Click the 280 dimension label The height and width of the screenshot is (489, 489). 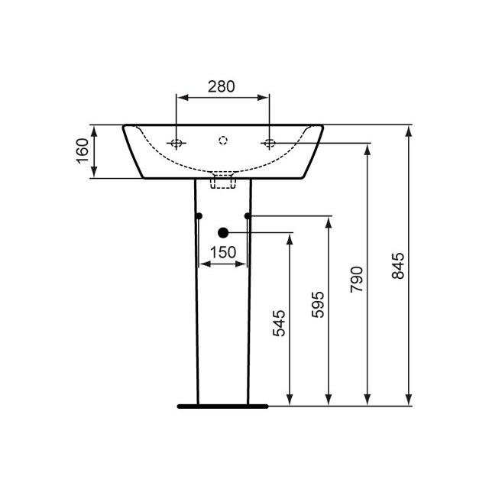point(222,86)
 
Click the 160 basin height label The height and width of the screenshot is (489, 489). point(83,151)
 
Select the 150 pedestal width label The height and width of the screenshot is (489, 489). point(222,253)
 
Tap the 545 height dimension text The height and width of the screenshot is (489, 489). point(279,322)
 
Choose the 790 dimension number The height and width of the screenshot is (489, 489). point(358,280)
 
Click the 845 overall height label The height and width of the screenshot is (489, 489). point(398,265)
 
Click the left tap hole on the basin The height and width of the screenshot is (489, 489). point(176,143)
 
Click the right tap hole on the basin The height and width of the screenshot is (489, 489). point(269,143)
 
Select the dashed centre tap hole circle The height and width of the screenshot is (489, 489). point(223,140)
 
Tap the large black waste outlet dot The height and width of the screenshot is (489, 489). point(223,232)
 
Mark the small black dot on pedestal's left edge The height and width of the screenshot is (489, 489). point(199,216)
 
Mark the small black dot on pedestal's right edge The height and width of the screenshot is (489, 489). point(248,216)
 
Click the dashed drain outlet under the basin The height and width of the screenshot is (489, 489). point(222,180)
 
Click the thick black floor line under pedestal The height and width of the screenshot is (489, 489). point(222,406)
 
